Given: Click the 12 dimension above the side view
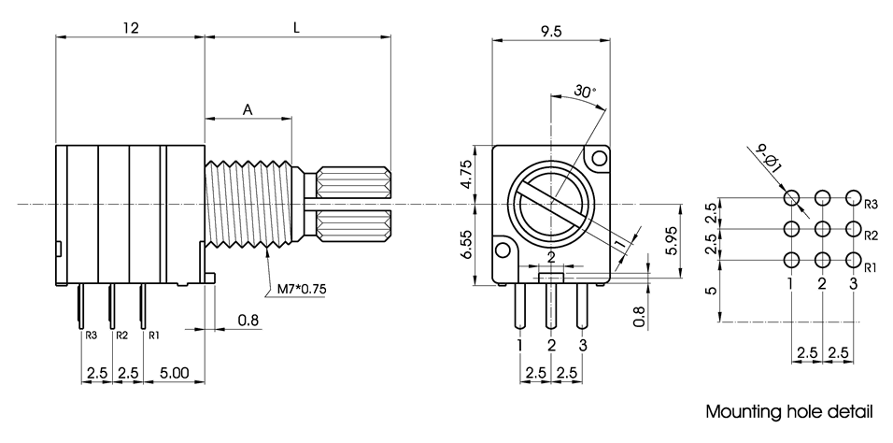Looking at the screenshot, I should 130,28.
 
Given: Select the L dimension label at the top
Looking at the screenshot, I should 296,28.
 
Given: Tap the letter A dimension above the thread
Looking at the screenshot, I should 248,109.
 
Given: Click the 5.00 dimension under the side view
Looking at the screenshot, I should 175,372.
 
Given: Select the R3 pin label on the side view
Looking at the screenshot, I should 91,335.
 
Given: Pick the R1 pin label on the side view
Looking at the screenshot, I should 154,335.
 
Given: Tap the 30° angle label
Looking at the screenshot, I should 585,92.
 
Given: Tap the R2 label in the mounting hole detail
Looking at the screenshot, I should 871,234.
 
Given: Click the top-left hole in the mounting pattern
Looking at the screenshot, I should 792,198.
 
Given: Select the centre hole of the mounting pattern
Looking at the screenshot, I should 823,228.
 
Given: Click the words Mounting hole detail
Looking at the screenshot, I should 789,411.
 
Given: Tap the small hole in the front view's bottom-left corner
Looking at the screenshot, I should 505,250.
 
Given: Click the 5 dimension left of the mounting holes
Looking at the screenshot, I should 712,291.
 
